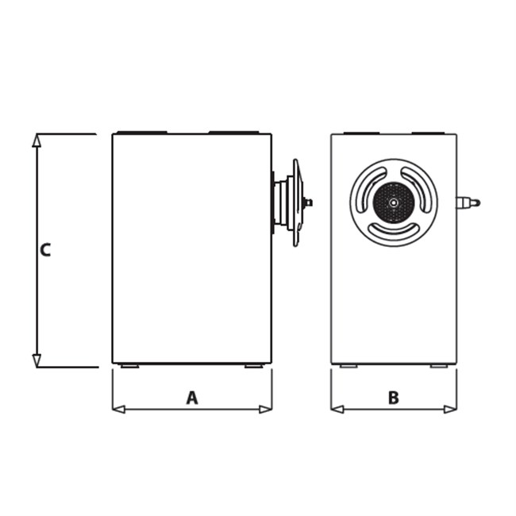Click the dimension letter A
pyautogui.click(x=192, y=398)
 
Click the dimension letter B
pyautogui.click(x=394, y=398)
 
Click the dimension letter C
pyautogui.click(x=45, y=250)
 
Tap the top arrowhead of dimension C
pyautogui.click(x=37, y=141)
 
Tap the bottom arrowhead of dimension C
pyautogui.click(x=37, y=360)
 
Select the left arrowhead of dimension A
pyautogui.click(x=119, y=410)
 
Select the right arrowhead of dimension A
pyautogui.click(x=266, y=410)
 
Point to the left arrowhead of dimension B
pyautogui.click(x=337, y=410)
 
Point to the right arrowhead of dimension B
pyautogui.click(x=451, y=410)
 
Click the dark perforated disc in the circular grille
pyautogui.click(x=393, y=202)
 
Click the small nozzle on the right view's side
pyautogui.click(x=468, y=202)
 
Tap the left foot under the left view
pyautogui.click(x=129, y=366)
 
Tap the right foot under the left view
pyautogui.click(x=254, y=366)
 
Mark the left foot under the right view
pyautogui.click(x=348, y=366)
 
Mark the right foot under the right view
pyautogui.click(x=439, y=366)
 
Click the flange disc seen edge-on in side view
pyautogui.click(x=297, y=202)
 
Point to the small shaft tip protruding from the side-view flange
pyautogui.click(x=308, y=202)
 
